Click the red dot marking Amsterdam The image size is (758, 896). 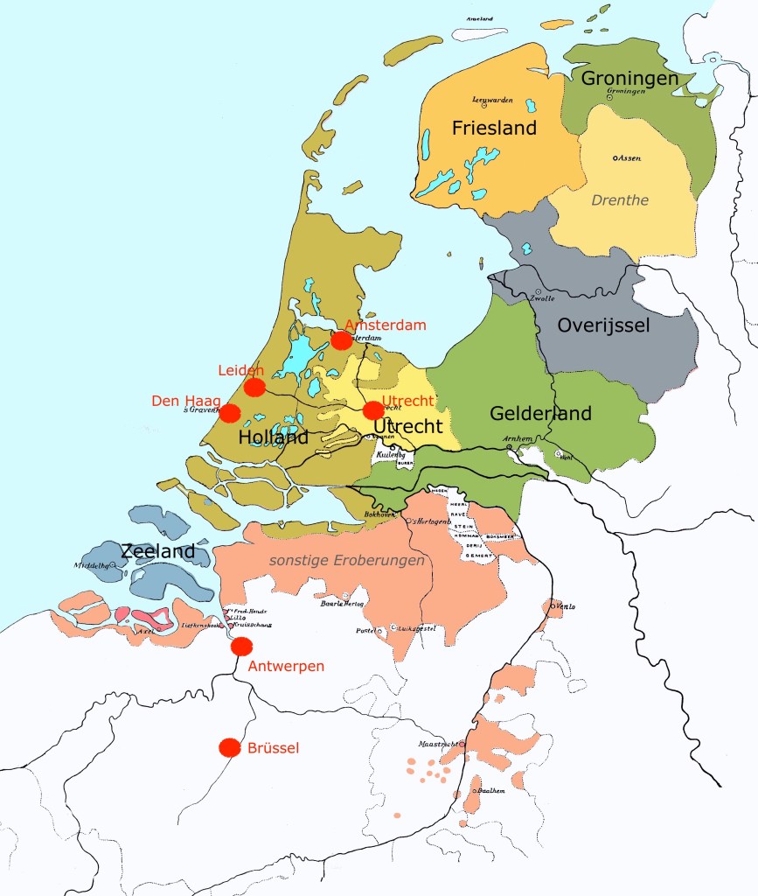coord(342,340)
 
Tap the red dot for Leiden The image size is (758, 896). coord(254,387)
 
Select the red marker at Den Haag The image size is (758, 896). coord(230,413)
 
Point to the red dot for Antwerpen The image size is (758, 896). coord(241,647)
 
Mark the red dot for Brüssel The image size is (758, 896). coord(230,747)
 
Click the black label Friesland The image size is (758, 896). coord(494,129)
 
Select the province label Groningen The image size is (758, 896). coord(629,79)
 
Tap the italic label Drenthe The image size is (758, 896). coord(620,200)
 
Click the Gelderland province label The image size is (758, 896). coord(540,413)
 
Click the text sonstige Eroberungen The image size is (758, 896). coord(346,560)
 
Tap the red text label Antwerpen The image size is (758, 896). coord(286,667)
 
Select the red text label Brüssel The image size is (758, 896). coord(274,748)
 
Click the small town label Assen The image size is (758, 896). coord(629,158)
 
